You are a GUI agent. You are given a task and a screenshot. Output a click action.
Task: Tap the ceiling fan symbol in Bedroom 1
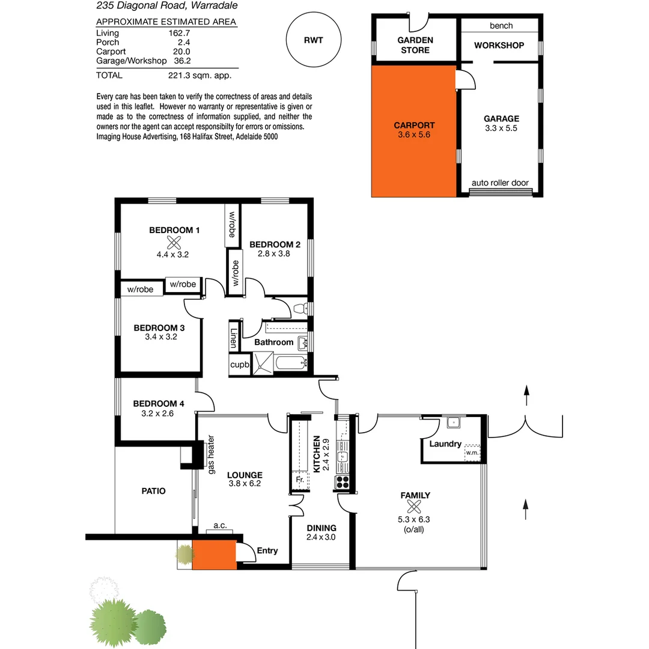[x=175, y=243]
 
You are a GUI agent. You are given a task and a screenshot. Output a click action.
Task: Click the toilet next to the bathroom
[x=300, y=309]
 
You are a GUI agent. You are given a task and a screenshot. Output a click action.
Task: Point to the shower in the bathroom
[x=262, y=362]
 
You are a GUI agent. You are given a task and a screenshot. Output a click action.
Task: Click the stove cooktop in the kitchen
[x=343, y=481]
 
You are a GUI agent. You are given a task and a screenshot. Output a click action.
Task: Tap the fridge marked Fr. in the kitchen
[x=298, y=481]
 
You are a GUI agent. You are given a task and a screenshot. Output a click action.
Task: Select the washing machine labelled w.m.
[x=472, y=452]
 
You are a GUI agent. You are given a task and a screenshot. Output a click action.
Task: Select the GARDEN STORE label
[x=415, y=45]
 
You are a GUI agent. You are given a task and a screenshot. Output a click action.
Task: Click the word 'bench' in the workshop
[x=501, y=25]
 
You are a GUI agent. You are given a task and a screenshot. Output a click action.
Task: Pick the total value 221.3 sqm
[x=200, y=76]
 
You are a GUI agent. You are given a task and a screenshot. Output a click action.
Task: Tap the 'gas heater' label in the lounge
[x=211, y=461]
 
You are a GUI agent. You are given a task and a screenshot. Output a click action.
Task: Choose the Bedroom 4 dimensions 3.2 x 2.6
[x=157, y=413]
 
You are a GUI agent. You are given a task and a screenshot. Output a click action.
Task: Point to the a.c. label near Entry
[x=219, y=526]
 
